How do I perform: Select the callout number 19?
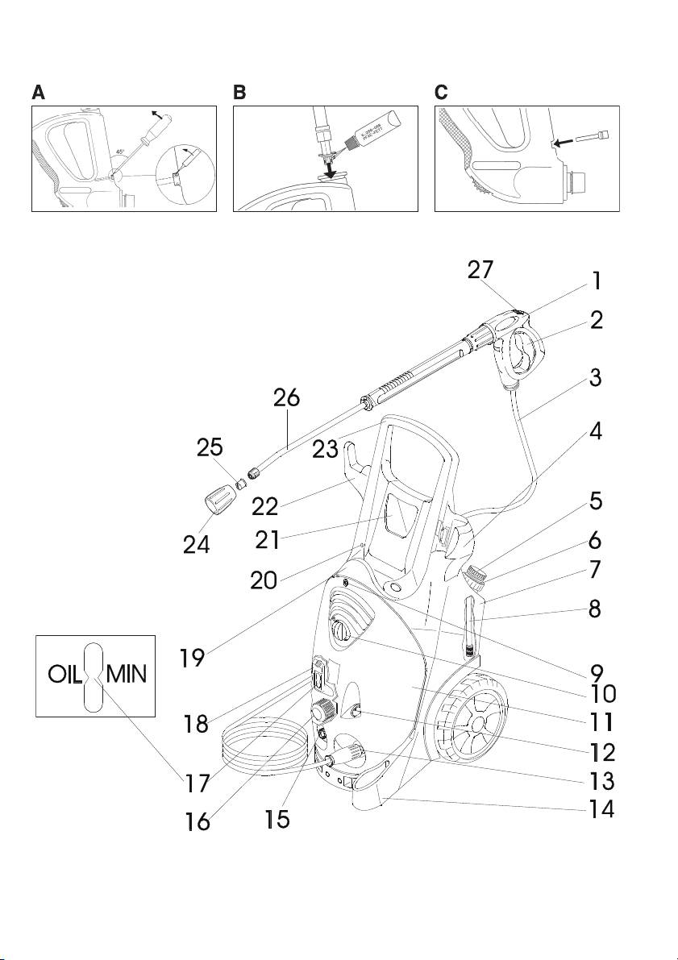pos(192,657)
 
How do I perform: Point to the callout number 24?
pos(196,545)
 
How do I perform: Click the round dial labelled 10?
pos(340,629)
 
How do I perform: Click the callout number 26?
pos(287,398)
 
